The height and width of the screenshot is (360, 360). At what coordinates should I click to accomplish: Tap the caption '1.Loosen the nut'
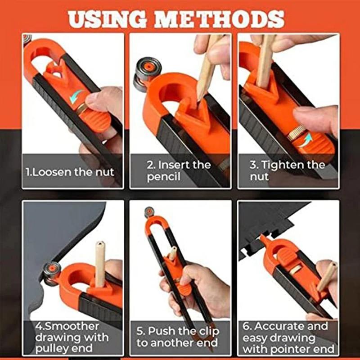[70, 171]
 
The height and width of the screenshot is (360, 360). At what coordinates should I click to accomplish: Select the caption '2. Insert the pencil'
[178, 171]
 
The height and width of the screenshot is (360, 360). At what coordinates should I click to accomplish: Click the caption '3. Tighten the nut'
[287, 171]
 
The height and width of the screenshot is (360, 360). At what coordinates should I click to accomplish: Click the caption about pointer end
[288, 337]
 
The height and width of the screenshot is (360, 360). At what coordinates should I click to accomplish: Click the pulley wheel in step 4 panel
[52, 270]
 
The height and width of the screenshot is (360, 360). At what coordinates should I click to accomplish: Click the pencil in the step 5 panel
[173, 254]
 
